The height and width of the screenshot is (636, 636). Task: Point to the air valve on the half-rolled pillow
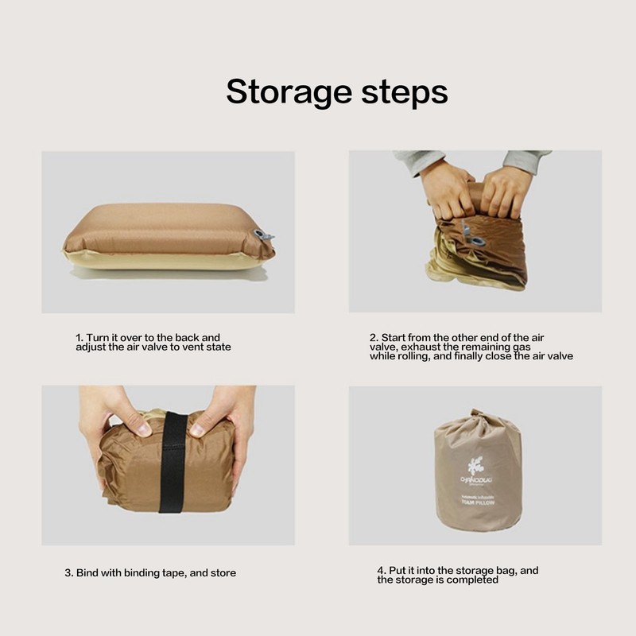(x=477, y=239)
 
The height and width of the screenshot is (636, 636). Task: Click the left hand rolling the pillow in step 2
(x=447, y=188)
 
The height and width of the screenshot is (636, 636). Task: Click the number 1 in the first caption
(x=78, y=338)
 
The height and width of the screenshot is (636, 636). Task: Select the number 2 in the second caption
(x=373, y=338)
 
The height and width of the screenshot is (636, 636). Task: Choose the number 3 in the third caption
(x=68, y=572)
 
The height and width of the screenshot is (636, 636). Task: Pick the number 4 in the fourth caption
(x=381, y=571)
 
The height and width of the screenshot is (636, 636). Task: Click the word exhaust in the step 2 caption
(x=427, y=347)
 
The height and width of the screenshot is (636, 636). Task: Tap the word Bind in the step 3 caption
(x=88, y=572)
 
